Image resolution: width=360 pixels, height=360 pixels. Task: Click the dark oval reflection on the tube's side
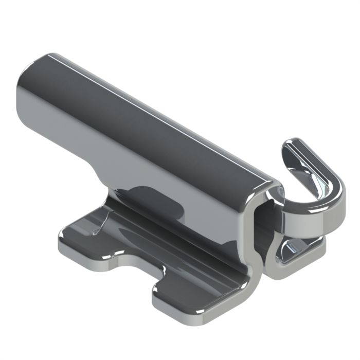pyautogui.click(x=154, y=203)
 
